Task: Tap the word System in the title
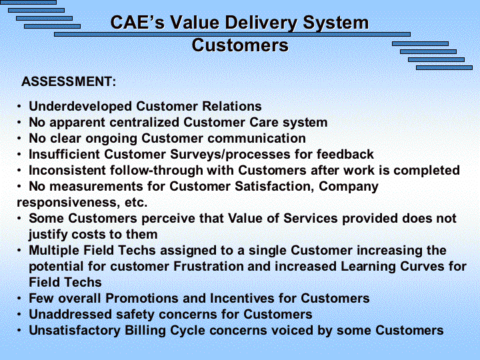pyautogui.click(x=336, y=23)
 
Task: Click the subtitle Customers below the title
pyautogui.click(x=240, y=45)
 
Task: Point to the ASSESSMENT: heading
pyautogui.click(x=69, y=81)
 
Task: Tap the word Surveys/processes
pyautogui.click(x=230, y=154)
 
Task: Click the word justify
pyautogui.click(x=48, y=235)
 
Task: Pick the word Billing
pyautogui.click(x=145, y=331)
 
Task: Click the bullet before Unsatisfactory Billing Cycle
pyautogui.click(x=19, y=331)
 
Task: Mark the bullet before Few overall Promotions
pyautogui.click(x=19, y=299)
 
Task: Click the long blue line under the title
pyautogui.click(x=232, y=34)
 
